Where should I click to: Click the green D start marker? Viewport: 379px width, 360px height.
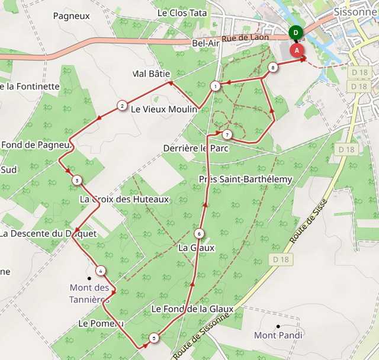295,33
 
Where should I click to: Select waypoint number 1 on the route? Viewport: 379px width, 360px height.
215,86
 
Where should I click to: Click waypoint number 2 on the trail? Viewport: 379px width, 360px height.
121,106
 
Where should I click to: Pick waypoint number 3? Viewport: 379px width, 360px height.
76,180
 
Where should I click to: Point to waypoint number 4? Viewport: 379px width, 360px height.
101,271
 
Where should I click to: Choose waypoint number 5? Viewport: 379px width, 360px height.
153,338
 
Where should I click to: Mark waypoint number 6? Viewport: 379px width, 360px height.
198,233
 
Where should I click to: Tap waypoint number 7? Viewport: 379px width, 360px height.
227,134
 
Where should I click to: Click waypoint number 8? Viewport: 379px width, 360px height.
272,67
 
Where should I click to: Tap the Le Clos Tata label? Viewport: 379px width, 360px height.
182,12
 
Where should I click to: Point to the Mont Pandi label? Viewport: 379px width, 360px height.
278,335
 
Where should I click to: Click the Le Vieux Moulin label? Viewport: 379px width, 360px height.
163,109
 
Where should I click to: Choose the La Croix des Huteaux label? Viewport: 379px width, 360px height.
124,200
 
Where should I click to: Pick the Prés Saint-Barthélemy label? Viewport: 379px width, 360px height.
245,179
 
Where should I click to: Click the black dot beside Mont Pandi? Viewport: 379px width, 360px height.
278,326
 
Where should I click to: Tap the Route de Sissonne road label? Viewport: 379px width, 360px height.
201,336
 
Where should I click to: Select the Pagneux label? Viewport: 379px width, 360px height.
71,16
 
